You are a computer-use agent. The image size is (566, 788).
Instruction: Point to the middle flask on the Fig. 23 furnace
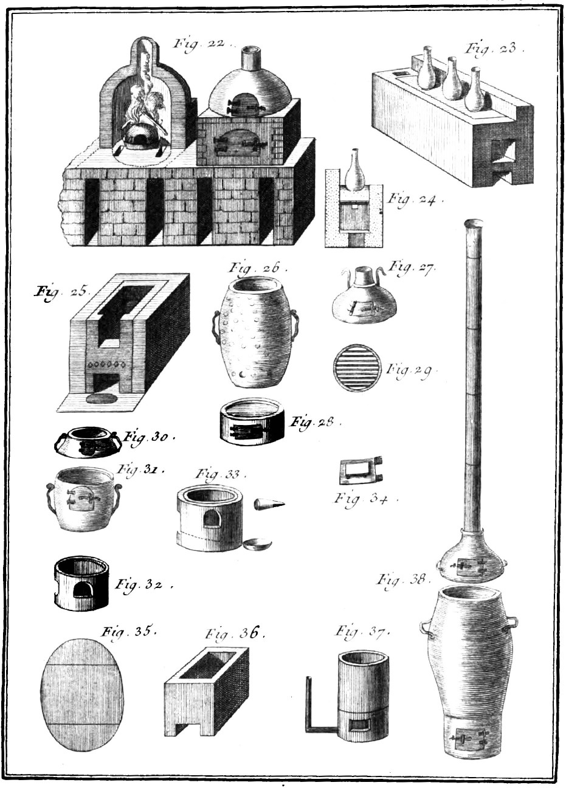click(x=451, y=80)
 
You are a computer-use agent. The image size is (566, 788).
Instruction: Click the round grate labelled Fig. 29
click(x=357, y=368)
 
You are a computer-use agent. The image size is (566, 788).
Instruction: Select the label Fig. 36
click(x=234, y=634)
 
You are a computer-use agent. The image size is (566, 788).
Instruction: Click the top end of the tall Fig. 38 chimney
click(x=474, y=223)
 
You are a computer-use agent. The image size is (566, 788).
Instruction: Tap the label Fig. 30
click(x=148, y=436)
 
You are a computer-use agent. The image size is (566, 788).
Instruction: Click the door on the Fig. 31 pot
click(x=83, y=499)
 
